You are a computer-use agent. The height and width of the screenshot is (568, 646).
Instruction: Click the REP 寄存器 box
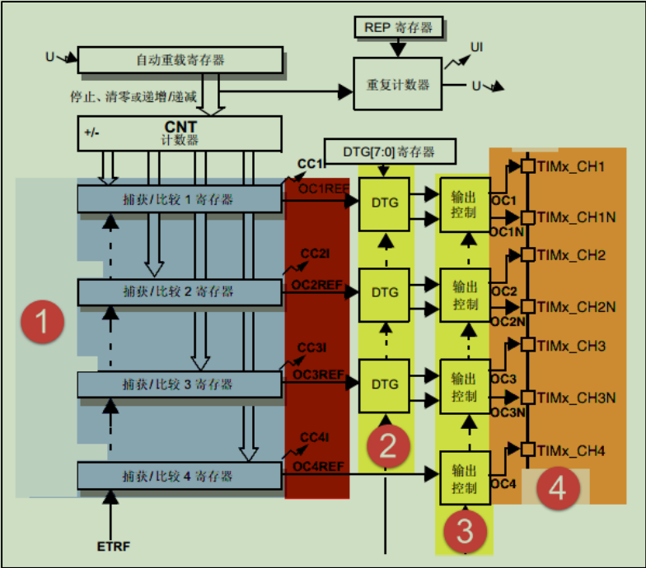click(398, 28)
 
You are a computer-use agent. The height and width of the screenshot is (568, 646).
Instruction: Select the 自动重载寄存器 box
click(180, 60)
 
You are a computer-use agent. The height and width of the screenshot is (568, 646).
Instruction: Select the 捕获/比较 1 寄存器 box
click(180, 199)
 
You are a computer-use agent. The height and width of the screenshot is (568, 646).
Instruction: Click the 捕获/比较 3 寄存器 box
click(180, 384)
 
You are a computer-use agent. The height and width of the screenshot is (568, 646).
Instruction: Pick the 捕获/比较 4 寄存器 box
click(180, 476)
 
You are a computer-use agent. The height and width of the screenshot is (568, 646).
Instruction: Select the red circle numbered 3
click(465, 531)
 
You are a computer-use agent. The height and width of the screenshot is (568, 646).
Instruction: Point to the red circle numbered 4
click(558, 489)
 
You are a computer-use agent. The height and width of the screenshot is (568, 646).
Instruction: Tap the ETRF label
click(112, 546)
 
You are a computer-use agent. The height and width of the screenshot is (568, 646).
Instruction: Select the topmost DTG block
click(384, 202)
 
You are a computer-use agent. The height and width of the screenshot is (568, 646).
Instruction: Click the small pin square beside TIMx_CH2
click(527, 256)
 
